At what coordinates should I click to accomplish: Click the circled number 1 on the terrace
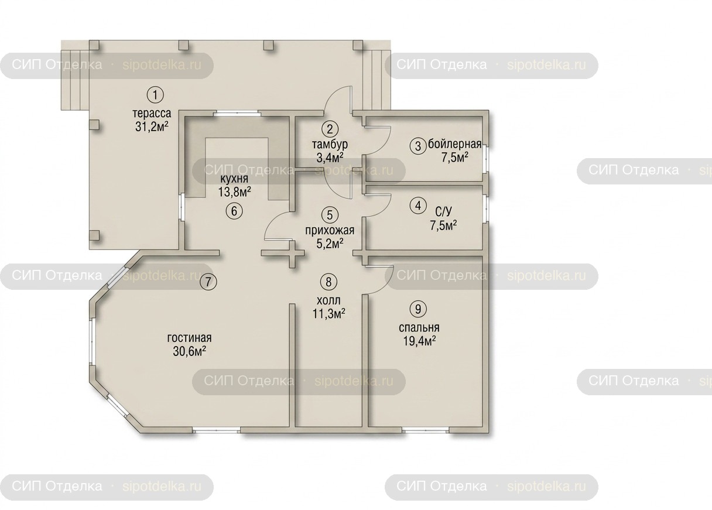tap(155, 95)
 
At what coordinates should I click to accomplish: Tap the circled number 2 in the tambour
tap(330, 129)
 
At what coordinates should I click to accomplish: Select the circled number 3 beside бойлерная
tap(418, 146)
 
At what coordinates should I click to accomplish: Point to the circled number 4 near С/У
tap(418, 206)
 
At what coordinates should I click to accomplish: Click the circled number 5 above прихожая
tap(330, 215)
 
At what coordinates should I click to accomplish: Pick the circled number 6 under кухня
tap(234, 210)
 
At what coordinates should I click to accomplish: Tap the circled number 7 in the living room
tap(208, 282)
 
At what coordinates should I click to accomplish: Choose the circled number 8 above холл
tap(328, 282)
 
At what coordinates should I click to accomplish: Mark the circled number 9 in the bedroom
tap(418, 309)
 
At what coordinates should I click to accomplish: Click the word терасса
tap(152, 113)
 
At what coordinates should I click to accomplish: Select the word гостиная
tap(190, 338)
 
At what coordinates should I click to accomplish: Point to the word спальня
tap(419, 327)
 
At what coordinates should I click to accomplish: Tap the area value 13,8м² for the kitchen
tap(235, 191)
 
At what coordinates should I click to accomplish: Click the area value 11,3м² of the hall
tap(328, 314)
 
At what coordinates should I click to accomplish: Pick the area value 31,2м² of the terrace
tap(152, 126)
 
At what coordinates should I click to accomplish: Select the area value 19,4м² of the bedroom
tap(419, 341)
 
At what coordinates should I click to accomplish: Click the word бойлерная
tap(455, 144)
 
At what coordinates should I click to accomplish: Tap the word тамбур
tap(330, 145)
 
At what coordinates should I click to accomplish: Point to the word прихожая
tap(330, 230)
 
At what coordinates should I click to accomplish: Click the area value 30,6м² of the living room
tap(190, 351)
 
